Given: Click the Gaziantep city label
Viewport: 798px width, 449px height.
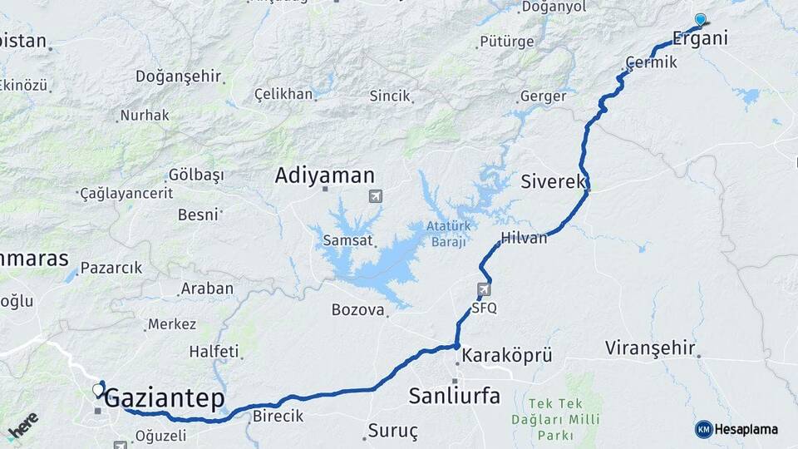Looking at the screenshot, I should (x=165, y=399).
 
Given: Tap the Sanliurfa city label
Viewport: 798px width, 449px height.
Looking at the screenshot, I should (x=454, y=396).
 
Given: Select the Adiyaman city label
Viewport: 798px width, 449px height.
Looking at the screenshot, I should (x=325, y=175).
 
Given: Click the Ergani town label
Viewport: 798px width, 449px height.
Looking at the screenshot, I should (x=700, y=38).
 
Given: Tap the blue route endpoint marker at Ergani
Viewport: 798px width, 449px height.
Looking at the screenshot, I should (x=700, y=20).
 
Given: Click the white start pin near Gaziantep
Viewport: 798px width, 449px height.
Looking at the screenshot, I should (x=99, y=389).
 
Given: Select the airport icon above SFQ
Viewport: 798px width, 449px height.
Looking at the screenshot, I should (x=484, y=289).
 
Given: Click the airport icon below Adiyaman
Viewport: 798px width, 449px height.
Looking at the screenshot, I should (x=376, y=196).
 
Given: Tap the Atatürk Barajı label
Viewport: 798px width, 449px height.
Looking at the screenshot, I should (x=449, y=234).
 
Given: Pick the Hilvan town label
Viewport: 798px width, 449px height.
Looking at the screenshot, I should (x=525, y=238).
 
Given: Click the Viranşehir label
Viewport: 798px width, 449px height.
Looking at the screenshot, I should (x=649, y=348).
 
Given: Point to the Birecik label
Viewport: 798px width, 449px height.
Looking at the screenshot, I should (x=278, y=416).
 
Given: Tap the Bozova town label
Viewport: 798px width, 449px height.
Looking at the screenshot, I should (x=358, y=310).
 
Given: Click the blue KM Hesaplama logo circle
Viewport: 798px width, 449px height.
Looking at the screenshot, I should (x=703, y=429).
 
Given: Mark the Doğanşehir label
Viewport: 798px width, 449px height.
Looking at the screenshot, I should (x=179, y=76).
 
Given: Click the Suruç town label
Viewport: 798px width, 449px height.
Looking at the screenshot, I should (x=394, y=432).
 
